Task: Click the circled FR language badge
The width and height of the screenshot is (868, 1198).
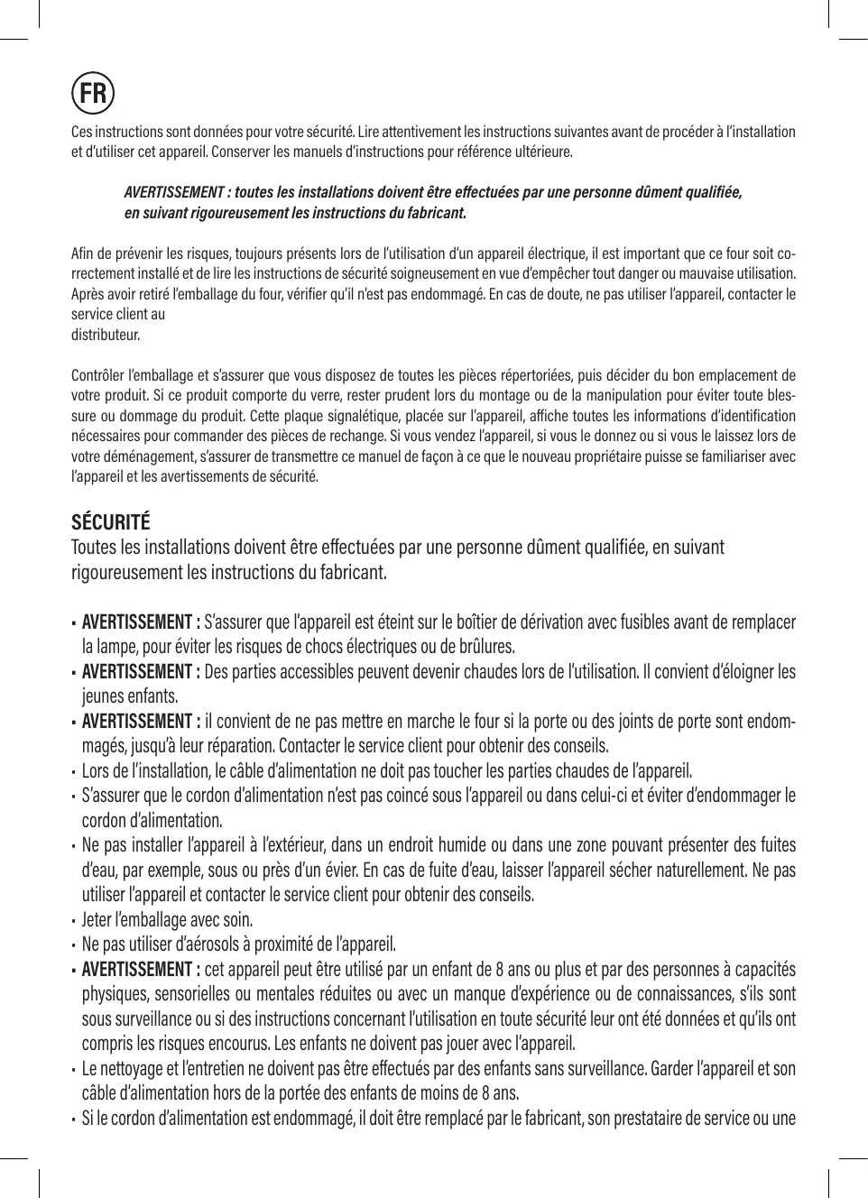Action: coord(92,92)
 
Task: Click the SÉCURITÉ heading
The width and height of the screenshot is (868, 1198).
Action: coord(111,522)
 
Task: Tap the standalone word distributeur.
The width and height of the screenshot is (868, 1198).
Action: coord(106,335)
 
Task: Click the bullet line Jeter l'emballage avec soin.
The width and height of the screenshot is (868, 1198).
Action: coord(167,920)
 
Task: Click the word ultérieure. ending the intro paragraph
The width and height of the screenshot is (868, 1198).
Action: coord(546,152)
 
